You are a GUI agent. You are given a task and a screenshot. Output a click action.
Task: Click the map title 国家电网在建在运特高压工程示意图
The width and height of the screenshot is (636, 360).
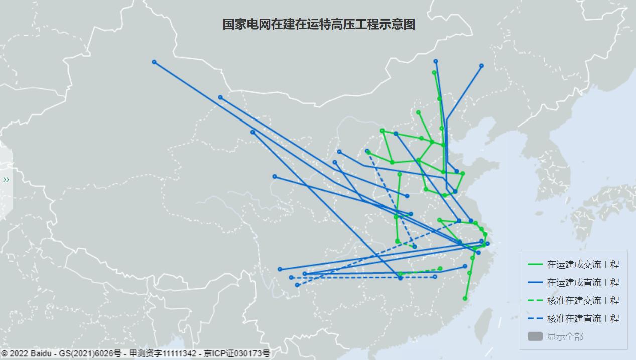click(x=319, y=25)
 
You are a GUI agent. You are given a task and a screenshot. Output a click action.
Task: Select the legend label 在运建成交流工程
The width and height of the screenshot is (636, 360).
click(x=583, y=265)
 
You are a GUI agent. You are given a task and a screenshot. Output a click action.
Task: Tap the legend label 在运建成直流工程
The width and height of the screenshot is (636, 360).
click(x=583, y=283)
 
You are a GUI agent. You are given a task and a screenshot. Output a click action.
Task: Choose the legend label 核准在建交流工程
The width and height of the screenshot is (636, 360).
click(x=583, y=301)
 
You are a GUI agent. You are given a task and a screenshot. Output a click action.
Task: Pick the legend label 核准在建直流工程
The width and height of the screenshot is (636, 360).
click(x=583, y=319)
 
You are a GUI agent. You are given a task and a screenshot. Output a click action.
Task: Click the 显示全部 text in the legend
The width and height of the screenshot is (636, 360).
click(x=565, y=337)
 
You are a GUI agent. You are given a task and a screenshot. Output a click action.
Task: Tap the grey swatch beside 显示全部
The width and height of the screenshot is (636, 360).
click(x=535, y=336)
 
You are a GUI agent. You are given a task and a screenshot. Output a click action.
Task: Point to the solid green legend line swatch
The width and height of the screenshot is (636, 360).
click(x=535, y=265)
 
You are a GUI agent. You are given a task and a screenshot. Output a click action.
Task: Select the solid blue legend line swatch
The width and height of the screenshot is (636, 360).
click(x=535, y=283)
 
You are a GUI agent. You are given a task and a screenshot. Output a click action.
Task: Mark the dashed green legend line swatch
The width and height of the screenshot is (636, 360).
click(x=535, y=301)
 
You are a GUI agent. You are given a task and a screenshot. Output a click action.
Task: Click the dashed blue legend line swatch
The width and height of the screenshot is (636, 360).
click(x=535, y=319)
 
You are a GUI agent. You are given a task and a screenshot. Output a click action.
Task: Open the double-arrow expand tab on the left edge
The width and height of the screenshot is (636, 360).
click(x=6, y=180)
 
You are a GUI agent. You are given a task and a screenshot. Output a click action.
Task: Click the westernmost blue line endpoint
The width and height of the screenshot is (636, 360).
click(x=154, y=62)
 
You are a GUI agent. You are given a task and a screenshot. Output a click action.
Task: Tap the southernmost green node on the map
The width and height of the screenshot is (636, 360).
click(x=465, y=299)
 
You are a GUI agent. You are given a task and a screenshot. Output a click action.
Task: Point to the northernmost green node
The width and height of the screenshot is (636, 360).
click(x=434, y=72)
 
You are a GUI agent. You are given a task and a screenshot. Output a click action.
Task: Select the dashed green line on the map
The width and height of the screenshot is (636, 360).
click(x=421, y=271)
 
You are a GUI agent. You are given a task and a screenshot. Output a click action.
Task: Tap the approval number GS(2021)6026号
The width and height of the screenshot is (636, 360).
click(x=90, y=354)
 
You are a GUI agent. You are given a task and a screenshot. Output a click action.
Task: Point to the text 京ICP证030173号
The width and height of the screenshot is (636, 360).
click(x=236, y=354)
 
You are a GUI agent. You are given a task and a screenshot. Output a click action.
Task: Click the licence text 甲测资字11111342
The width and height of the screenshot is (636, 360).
click(x=162, y=354)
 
